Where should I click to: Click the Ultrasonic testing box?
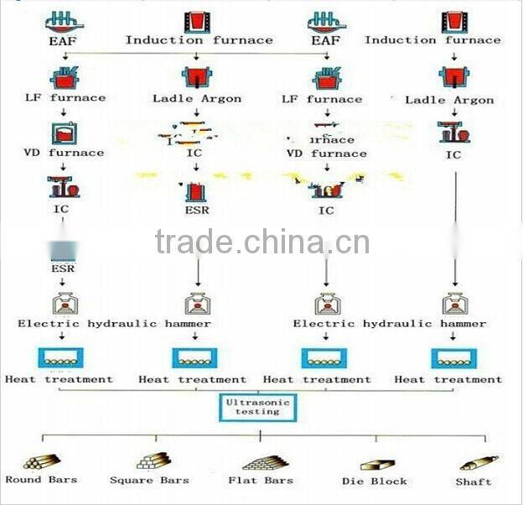260,409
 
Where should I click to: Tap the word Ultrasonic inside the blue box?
260,403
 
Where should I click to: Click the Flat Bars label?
261,481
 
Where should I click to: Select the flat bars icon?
261,462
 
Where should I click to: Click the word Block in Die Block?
388,482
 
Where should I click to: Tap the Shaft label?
474,482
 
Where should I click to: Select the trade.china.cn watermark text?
261,242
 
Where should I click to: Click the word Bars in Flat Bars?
278,481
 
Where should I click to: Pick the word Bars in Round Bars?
61,480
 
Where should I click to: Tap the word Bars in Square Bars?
172,481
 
